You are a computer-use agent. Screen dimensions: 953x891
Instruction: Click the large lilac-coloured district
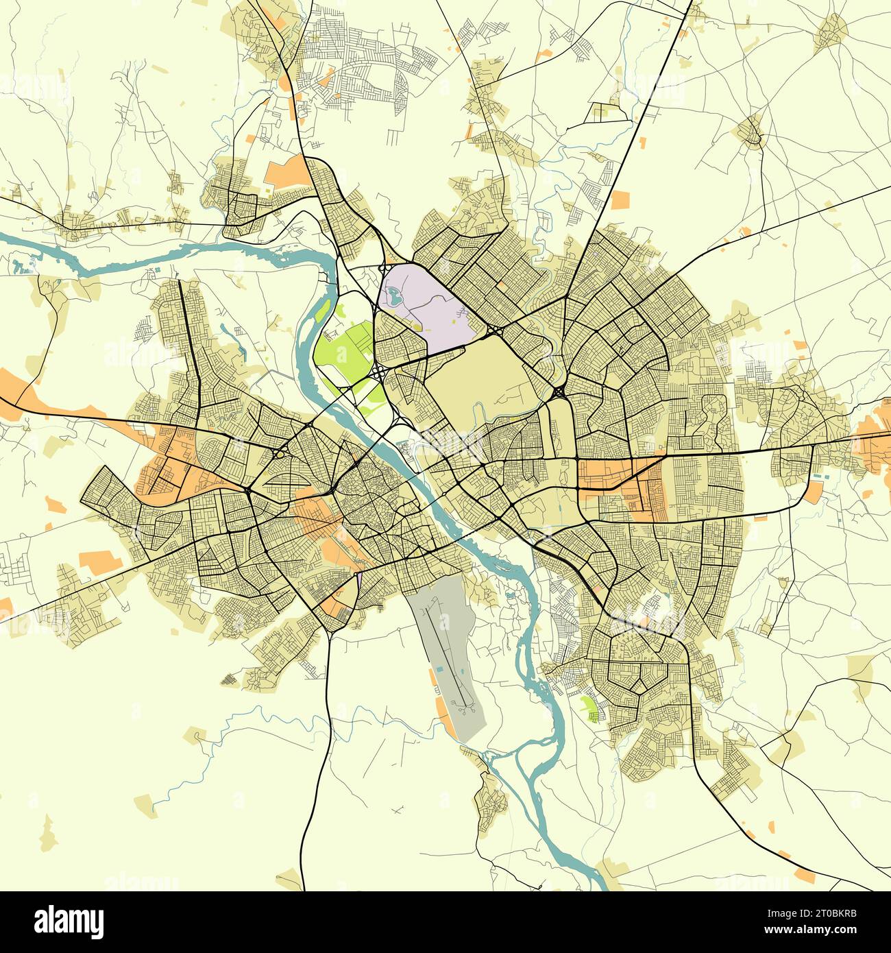[x=425, y=302]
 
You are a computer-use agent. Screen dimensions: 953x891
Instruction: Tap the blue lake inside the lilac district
[x=392, y=297]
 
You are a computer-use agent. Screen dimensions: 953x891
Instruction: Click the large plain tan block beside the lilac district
[x=480, y=374]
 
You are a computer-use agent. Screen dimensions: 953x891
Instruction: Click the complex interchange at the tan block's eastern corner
[x=559, y=392]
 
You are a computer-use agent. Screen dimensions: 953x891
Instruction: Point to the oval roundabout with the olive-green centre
[x=280, y=453]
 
